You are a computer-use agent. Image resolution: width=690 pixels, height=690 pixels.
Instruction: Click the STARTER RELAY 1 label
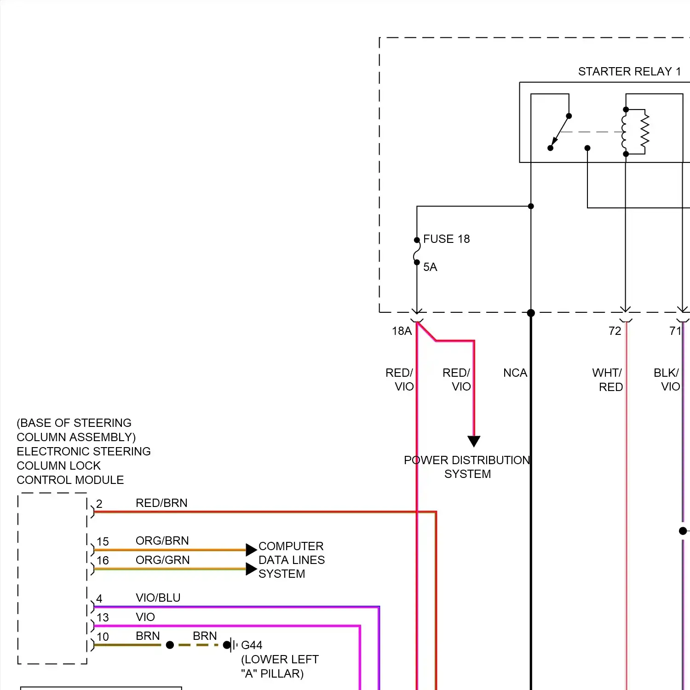(x=629, y=72)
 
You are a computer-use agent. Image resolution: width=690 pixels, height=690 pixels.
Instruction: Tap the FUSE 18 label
(x=446, y=239)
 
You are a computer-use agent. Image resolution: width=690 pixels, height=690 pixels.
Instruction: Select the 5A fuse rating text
(x=430, y=267)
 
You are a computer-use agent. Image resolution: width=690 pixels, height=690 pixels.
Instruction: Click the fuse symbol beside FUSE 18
(x=416, y=251)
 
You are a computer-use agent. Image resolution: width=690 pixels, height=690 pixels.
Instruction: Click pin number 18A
(x=402, y=331)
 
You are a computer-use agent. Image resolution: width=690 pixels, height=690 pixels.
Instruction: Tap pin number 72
(x=615, y=331)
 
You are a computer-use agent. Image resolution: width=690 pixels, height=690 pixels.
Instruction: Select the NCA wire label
(x=515, y=373)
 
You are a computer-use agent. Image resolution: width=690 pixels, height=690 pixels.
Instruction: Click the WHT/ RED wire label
(x=607, y=379)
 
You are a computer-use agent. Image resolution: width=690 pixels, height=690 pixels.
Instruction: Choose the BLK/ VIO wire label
(x=667, y=379)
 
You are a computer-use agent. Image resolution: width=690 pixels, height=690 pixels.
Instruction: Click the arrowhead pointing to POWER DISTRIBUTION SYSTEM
(x=474, y=441)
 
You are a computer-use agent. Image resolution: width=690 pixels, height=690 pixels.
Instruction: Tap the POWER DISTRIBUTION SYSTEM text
(x=467, y=467)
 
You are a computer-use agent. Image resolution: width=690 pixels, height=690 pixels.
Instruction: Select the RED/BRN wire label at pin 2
(x=161, y=503)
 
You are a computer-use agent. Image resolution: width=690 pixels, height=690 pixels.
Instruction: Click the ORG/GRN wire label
(x=162, y=560)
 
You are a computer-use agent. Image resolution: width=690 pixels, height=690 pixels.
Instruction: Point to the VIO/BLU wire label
(x=158, y=598)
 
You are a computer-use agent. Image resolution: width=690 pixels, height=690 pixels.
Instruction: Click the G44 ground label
(x=252, y=645)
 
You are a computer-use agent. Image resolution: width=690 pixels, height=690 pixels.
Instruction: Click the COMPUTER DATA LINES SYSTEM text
(x=292, y=560)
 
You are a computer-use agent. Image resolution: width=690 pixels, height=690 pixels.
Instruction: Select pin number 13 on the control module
(x=103, y=617)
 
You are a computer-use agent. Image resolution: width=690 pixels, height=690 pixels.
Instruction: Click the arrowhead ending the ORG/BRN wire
(x=251, y=550)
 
